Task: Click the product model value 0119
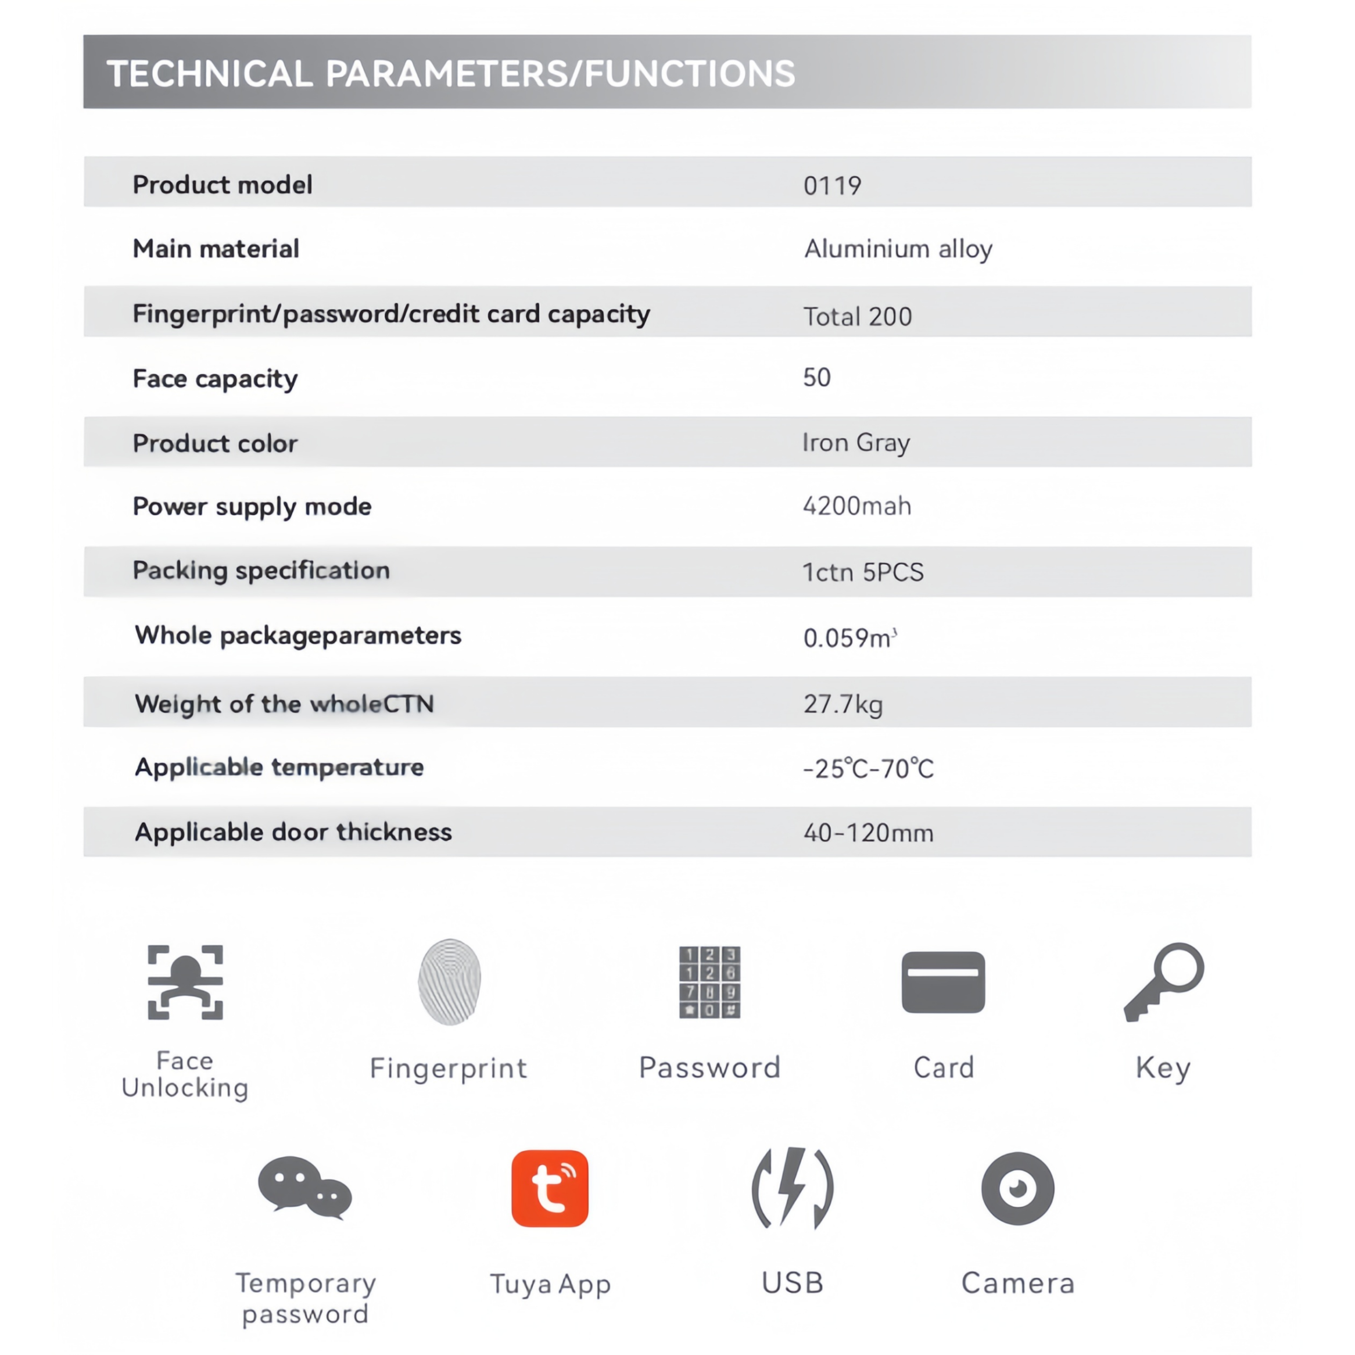coord(832,186)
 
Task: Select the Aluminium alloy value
coord(898,249)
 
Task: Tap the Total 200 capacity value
coord(857,316)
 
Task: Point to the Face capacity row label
coord(216,379)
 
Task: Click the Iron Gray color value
coord(856,443)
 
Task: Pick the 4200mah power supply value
coord(857,506)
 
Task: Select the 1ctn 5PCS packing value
coord(863,572)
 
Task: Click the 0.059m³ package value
coord(849,637)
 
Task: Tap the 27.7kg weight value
coord(843,704)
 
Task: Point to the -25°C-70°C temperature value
coord(868,769)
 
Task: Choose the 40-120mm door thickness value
coord(868,833)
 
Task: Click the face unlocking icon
coord(185,982)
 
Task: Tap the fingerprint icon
coord(450,982)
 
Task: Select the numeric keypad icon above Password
coord(710,982)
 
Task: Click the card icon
coord(943,982)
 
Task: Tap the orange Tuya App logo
coord(550,1188)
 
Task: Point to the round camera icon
coord(1017,1188)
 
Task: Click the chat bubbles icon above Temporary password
coord(305,1186)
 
